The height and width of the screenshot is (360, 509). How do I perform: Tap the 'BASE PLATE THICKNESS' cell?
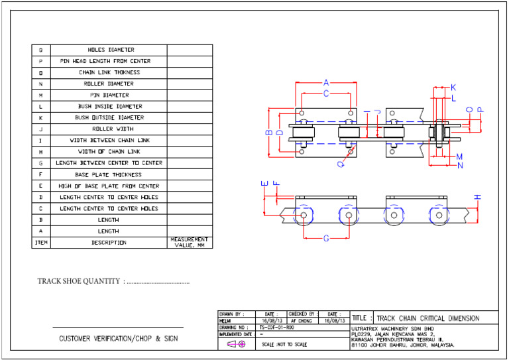click(x=109, y=174)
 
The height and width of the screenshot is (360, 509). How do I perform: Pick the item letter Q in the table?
click(x=40, y=50)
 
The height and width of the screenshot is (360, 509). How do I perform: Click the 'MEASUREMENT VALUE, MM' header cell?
click(x=190, y=242)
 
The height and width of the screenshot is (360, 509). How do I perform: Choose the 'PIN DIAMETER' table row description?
click(x=109, y=95)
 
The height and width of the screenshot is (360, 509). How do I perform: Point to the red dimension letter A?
click(x=325, y=83)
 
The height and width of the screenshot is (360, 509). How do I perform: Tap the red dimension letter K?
click(x=453, y=88)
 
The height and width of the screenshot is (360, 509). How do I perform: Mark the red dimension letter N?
click(x=460, y=165)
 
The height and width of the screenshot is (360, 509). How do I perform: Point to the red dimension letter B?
click(x=268, y=132)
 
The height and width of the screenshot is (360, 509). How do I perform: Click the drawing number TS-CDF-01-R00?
click(x=276, y=328)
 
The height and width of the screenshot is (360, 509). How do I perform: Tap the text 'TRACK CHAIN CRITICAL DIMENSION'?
click(x=427, y=318)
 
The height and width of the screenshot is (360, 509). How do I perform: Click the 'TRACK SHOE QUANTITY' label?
click(x=80, y=282)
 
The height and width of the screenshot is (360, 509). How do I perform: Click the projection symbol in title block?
click(x=236, y=345)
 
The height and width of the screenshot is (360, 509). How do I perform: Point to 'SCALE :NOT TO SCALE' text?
click(x=284, y=345)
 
